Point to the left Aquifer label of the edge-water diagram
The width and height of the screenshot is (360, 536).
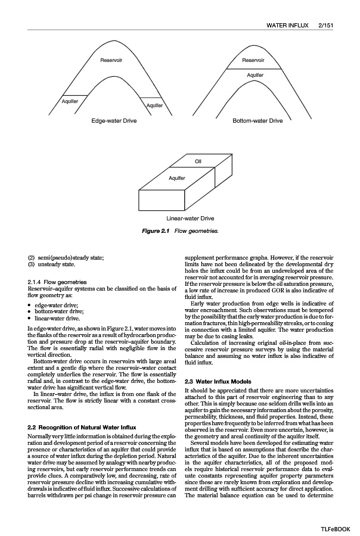pyautogui.click(x=70, y=101)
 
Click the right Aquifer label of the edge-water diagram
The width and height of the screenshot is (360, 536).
pyautogui.click(x=155, y=105)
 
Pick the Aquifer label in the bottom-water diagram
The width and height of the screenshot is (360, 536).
pyautogui.click(x=255, y=75)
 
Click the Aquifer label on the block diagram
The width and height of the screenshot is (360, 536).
pyautogui.click(x=177, y=178)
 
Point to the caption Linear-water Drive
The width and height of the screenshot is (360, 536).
pyautogui.click(x=190, y=219)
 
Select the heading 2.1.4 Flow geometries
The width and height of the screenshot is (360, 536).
pyautogui.click(x=57, y=282)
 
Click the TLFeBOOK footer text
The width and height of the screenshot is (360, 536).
pyautogui.click(x=336, y=528)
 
